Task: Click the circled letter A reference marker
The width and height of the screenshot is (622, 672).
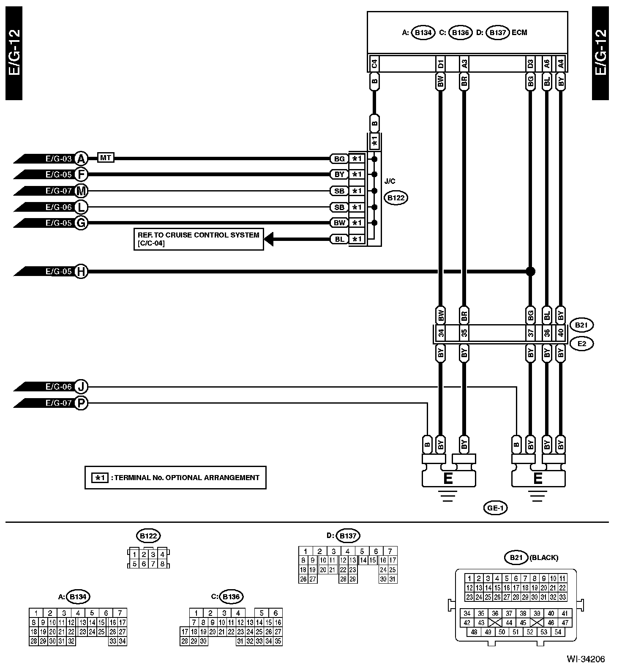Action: pyautogui.click(x=81, y=158)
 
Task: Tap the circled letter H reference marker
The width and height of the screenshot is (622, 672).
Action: pyautogui.click(x=81, y=271)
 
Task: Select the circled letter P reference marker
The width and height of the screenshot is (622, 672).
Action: pyautogui.click(x=81, y=403)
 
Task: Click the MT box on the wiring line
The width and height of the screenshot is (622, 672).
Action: pyautogui.click(x=105, y=158)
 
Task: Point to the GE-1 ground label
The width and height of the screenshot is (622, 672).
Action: pyautogui.click(x=495, y=508)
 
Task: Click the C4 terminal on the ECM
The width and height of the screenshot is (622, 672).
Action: pyautogui.click(x=374, y=64)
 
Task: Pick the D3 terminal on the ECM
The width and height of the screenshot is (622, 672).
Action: pyautogui.click(x=530, y=64)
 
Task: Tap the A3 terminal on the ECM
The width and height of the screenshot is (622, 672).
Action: pyautogui.click(x=464, y=64)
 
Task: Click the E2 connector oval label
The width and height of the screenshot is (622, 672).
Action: pyautogui.click(x=582, y=344)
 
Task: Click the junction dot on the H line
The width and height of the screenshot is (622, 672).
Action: pyautogui.click(x=530, y=271)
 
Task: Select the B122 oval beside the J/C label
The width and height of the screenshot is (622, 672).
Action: pyautogui.click(x=396, y=197)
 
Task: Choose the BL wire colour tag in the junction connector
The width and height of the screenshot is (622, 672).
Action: pyautogui.click(x=339, y=239)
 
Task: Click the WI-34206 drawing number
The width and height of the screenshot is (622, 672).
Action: pyautogui.click(x=586, y=659)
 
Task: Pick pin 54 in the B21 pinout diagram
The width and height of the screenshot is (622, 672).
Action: pyautogui.click(x=558, y=632)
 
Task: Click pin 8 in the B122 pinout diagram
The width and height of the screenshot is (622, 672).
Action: pyautogui.click(x=162, y=563)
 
